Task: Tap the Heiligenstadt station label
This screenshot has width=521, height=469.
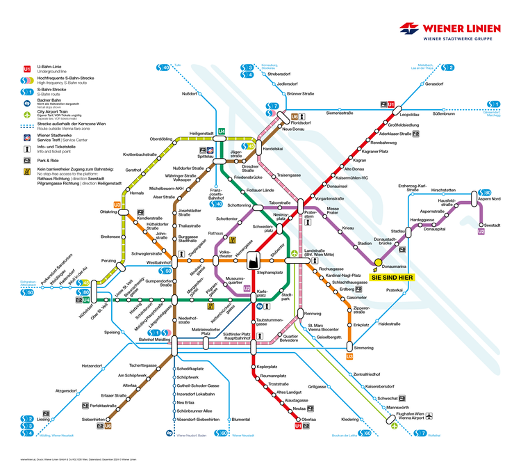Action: [x=201, y=133]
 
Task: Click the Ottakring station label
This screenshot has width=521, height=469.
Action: [x=110, y=211]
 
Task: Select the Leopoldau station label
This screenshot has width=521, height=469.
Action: [x=410, y=114]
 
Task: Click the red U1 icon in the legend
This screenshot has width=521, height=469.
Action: [x=27, y=70]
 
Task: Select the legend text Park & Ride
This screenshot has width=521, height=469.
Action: [x=49, y=160]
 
